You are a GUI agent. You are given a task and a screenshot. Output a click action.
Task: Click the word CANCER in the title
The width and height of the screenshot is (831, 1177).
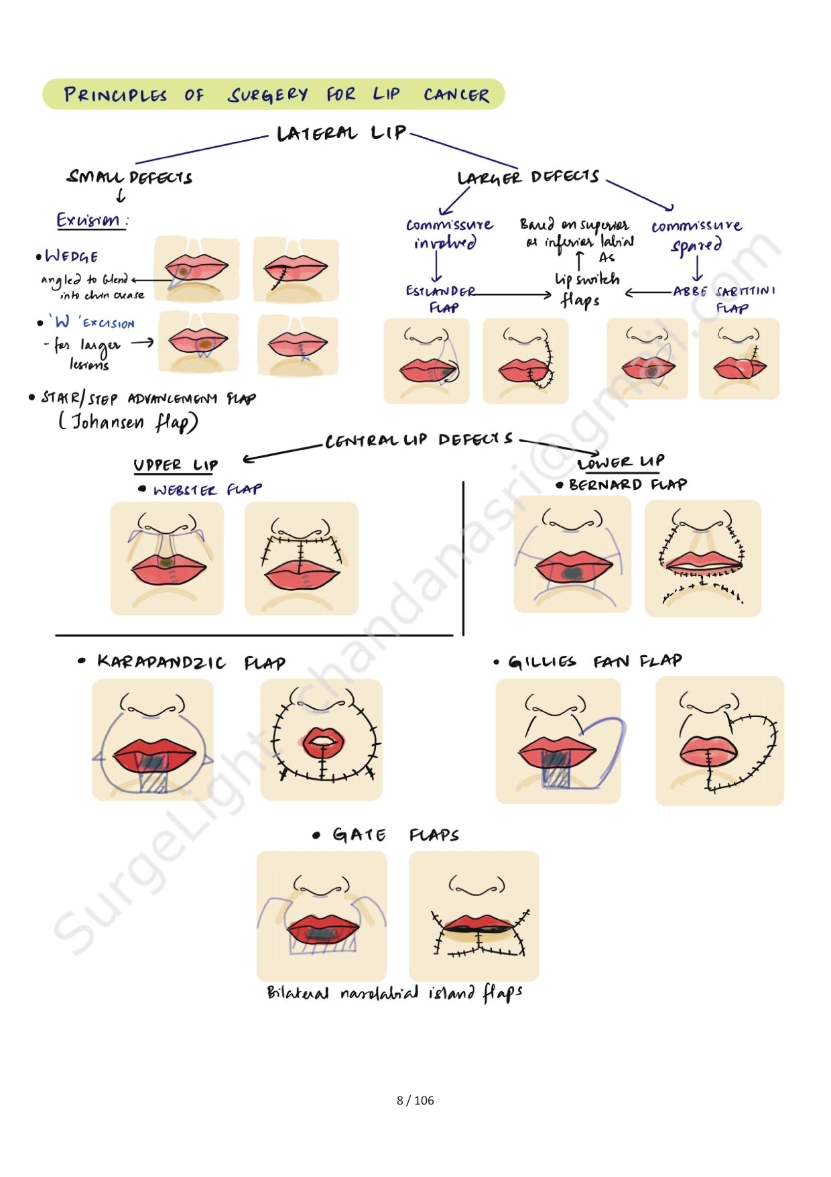[456, 95]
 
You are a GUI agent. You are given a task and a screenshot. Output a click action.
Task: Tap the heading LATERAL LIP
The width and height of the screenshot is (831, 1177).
[341, 133]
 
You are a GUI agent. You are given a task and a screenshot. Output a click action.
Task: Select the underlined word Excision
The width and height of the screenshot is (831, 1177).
[89, 220]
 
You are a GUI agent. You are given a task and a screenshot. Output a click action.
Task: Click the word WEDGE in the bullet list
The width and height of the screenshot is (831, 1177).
[72, 256]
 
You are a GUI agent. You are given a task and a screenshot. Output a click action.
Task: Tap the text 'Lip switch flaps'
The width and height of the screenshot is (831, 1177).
[586, 288]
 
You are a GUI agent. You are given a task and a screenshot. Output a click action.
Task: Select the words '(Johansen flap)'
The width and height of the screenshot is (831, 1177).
[128, 422]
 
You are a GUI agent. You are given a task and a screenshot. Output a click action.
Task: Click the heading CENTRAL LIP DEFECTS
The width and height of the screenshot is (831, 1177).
[419, 440]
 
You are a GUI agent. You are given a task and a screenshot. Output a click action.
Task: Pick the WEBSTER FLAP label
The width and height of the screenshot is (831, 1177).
[206, 490]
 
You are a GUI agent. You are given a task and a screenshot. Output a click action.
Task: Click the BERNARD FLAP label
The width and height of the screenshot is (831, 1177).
[627, 484]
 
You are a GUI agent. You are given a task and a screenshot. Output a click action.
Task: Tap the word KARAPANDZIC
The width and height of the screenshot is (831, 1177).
[161, 662]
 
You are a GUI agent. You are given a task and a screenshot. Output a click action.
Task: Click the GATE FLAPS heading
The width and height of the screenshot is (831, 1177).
[395, 835]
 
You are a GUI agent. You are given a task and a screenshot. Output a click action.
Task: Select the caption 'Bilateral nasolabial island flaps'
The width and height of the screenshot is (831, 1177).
[394, 993]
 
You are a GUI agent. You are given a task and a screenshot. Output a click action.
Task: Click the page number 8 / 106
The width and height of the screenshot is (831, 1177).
[415, 1100]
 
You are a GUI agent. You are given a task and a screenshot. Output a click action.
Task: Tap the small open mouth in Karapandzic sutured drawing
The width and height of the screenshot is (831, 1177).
[324, 741]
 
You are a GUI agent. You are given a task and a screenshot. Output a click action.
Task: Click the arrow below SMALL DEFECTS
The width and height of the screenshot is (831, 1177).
[121, 196]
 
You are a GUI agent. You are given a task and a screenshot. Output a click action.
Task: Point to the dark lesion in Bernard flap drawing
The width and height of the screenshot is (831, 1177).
[571, 572]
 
